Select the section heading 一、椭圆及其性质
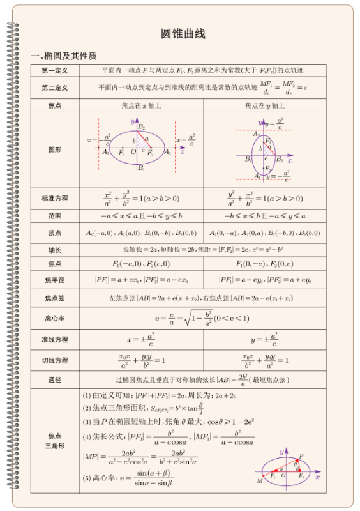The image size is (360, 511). pyautogui.click(x=64, y=56)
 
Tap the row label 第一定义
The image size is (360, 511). pyautogui.click(x=55, y=70)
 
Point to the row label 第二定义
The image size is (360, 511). pyautogui.click(x=55, y=88)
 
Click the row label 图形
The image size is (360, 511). pyautogui.click(x=55, y=149)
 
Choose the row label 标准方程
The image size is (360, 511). pyautogui.click(x=55, y=198)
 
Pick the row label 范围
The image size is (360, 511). pyautogui.click(x=55, y=216)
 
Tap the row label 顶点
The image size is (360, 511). pyautogui.click(x=55, y=233)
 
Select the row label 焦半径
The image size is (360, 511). pyautogui.click(x=55, y=280)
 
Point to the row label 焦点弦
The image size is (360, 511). pyautogui.click(x=55, y=298)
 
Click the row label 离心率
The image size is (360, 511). pyautogui.click(x=55, y=317)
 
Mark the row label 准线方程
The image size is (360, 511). pyautogui.click(x=55, y=339)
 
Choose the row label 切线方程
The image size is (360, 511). pyautogui.click(x=55, y=360)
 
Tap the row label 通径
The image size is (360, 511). pyautogui.click(x=55, y=380)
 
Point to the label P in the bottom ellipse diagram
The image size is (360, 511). pyautogui.click(x=301, y=456)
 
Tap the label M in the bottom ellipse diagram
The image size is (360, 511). pyautogui.click(x=259, y=481)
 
